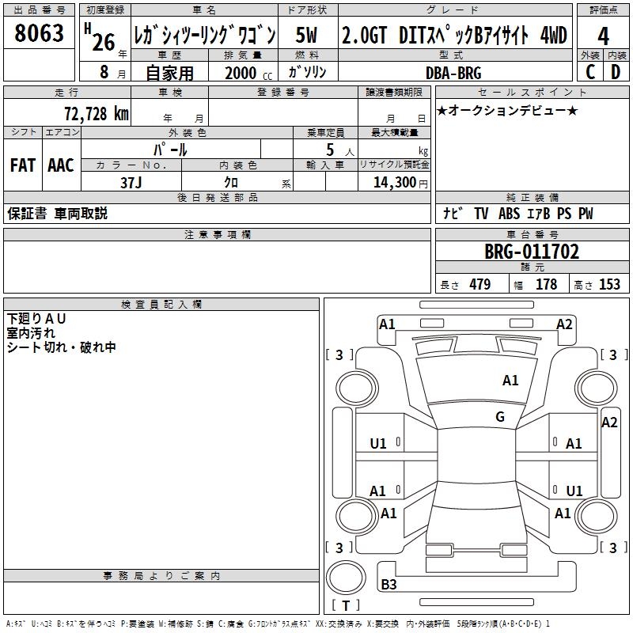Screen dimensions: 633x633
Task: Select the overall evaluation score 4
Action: [x=603, y=36]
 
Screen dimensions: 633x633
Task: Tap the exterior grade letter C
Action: [x=589, y=72]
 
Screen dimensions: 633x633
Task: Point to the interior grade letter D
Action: [x=616, y=72]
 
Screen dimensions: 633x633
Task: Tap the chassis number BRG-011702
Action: [x=531, y=252]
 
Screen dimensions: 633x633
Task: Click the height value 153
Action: [x=608, y=285]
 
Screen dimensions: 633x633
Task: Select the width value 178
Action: [x=546, y=285]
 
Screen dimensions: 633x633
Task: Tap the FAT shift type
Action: [x=23, y=165]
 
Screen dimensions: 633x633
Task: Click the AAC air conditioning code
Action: [x=60, y=165]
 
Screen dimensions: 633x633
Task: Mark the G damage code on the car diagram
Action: [x=500, y=417]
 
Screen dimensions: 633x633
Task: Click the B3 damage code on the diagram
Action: [x=389, y=585]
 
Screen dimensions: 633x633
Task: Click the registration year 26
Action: [x=104, y=42]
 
